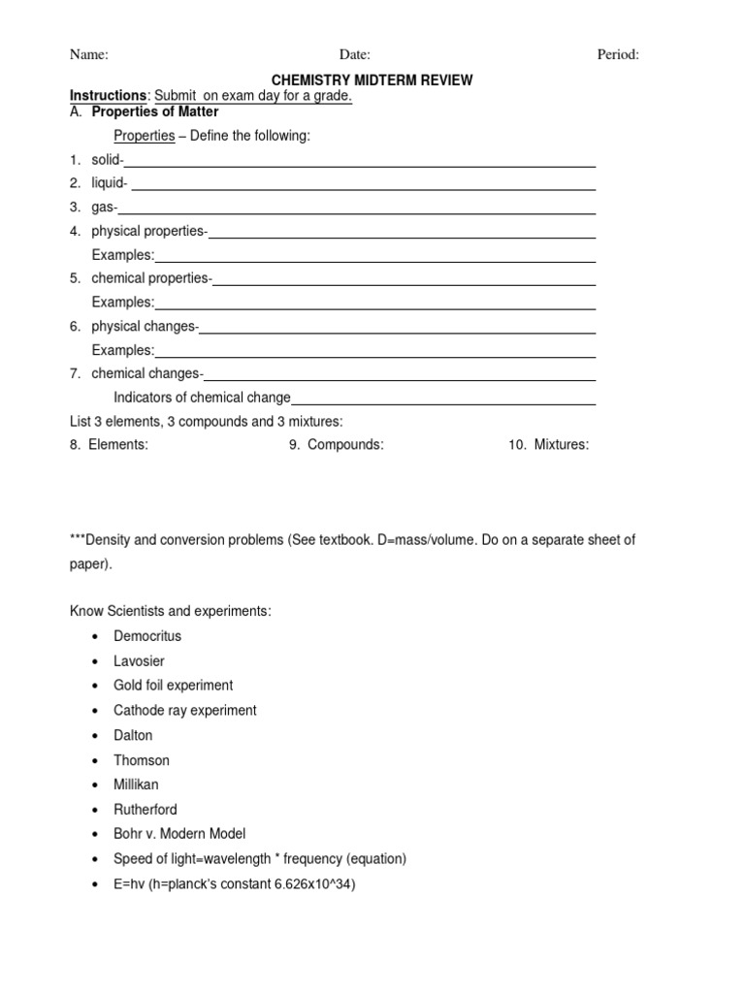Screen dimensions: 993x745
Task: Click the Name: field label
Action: (x=88, y=55)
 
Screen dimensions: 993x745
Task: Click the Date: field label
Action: (x=354, y=55)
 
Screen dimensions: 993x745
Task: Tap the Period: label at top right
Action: (x=618, y=55)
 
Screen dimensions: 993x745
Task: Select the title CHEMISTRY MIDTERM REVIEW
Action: (x=372, y=80)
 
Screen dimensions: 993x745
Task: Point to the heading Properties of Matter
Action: (x=161, y=112)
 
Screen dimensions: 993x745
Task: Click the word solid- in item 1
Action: (x=108, y=160)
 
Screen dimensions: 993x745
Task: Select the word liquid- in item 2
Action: (x=110, y=183)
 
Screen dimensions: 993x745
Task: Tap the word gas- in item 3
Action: (x=105, y=208)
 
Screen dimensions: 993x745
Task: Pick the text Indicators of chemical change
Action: (x=202, y=398)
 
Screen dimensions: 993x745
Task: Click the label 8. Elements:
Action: (x=109, y=445)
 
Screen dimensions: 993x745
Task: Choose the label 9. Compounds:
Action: (x=336, y=445)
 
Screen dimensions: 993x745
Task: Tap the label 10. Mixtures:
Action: (x=548, y=445)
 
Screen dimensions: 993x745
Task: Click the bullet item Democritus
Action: (x=147, y=636)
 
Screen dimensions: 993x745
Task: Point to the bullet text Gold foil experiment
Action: (x=173, y=686)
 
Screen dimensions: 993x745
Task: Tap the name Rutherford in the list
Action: (x=146, y=809)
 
